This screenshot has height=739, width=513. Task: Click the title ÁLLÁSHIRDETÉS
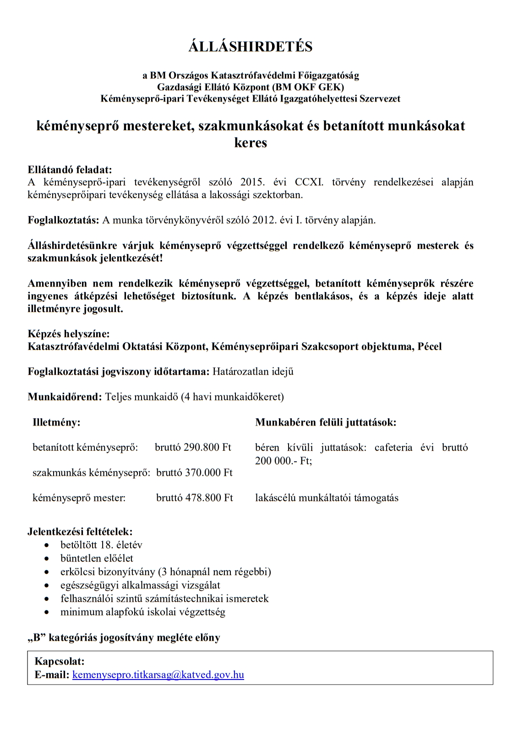[x=250, y=47]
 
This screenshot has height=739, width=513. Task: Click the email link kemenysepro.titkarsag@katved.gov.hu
[x=158, y=674]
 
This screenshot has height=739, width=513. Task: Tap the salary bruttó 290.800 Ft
[x=193, y=447]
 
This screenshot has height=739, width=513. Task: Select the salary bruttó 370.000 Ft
[x=194, y=472]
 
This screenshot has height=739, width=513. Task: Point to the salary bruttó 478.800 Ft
[x=194, y=497]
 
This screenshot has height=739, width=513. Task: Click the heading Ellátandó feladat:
[x=70, y=170]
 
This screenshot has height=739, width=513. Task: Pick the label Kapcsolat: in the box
[x=60, y=661]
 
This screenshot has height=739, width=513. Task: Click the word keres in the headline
[x=251, y=143]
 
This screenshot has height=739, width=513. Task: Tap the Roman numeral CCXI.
[x=309, y=182]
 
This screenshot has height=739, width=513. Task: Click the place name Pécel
[x=430, y=346]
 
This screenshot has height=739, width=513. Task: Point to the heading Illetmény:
[x=56, y=422]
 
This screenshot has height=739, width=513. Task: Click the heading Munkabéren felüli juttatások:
[x=326, y=422]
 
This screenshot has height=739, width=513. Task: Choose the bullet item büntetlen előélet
[x=97, y=558]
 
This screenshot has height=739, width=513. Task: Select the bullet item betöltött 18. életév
[x=101, y=545]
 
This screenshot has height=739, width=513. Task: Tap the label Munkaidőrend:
[x=65, y=397]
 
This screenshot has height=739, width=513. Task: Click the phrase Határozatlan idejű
[x=253, y=372]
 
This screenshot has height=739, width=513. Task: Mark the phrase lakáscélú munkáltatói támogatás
[x=327, y=497]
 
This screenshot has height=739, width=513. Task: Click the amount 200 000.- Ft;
[x=284, y=460]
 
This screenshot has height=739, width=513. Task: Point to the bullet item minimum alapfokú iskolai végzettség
[x=143, y=612]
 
